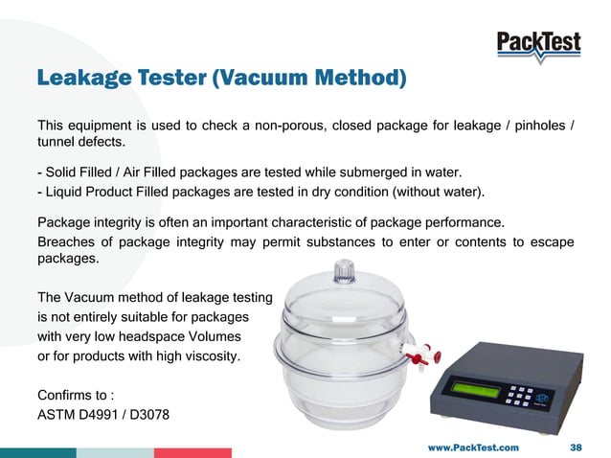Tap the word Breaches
click(x=70, y=242)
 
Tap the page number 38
click(x=577, y=447)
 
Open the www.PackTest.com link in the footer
click(x=473, y=447)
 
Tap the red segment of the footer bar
click(x=192, y=452)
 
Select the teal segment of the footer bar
click(x=38, y=452)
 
